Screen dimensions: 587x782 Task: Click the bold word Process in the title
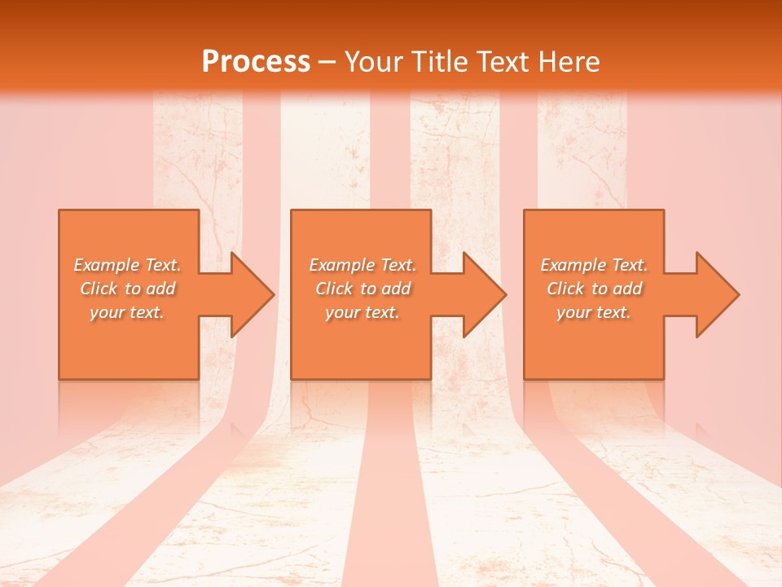coord(256,62)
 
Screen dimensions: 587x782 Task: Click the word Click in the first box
coord(99,289)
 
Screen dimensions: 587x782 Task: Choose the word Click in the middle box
coord(334,289)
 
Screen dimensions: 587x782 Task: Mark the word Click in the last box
coord(565,289)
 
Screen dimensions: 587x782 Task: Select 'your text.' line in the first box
coord(127,312)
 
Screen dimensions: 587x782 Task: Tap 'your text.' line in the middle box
coord(362,312)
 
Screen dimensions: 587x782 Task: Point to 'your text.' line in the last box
coord(594,312)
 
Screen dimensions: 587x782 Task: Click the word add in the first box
coord(161,289)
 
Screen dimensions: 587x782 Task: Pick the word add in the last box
coord(628,289)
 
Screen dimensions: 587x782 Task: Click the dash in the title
coord(327,63)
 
